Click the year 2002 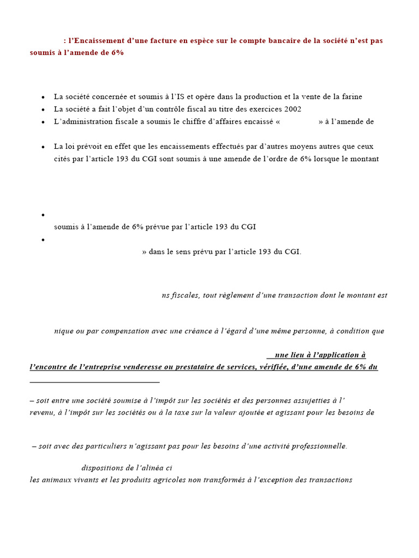292,109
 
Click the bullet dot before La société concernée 43,97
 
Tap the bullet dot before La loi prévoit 43,147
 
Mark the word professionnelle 317,446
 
